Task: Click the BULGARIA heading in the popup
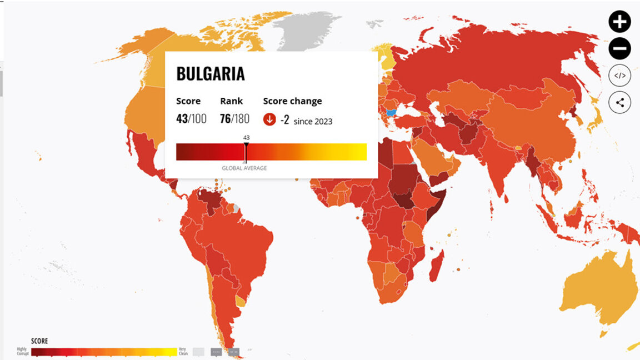tap(211, 74)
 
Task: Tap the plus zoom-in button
tap(619, 22)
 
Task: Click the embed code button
tap(619, 76)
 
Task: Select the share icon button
tap(619, 102)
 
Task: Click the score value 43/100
tap(191, 118)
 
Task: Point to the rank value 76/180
tap(234, 118)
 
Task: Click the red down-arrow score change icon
tap(269, 119)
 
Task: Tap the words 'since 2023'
tap(313, 121)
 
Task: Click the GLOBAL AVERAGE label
tap(244, 168)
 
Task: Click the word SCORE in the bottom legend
tap(39, 341)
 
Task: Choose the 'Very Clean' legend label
tap(183, 352)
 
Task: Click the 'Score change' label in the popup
tap(292, 101)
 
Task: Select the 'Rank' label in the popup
tap(231, 101)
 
